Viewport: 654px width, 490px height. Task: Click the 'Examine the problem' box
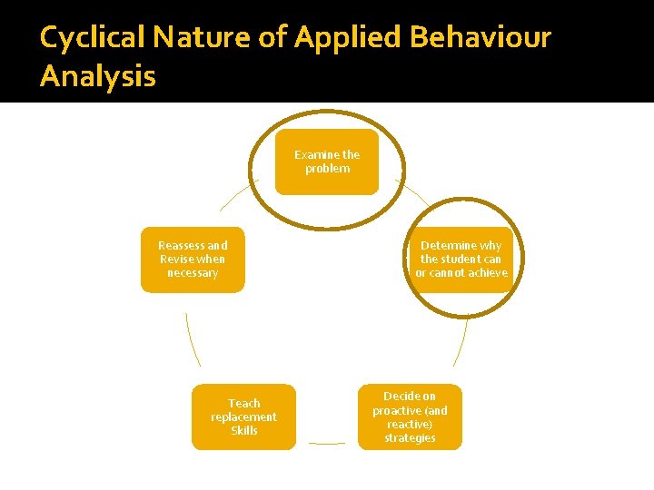coord(327,162)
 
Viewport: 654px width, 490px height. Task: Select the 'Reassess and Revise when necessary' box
coord(193,260)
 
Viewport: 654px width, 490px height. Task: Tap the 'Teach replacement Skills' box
coord(243,416)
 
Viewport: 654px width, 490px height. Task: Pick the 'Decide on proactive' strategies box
coord(410,416)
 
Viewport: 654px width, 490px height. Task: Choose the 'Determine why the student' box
coord(461,260)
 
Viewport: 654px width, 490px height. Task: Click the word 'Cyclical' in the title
coord(94,38)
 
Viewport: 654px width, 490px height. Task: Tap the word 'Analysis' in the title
coord(98,76)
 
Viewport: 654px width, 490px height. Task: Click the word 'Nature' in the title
coord(206,38)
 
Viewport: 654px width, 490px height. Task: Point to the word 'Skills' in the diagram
coord(243,431)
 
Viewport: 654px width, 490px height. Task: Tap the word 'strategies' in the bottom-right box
coord(410,438)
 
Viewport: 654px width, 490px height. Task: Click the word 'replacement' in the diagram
coord(243,417)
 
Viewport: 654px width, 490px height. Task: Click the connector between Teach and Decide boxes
coord(327,444)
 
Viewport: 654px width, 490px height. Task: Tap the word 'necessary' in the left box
coord(193,273)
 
